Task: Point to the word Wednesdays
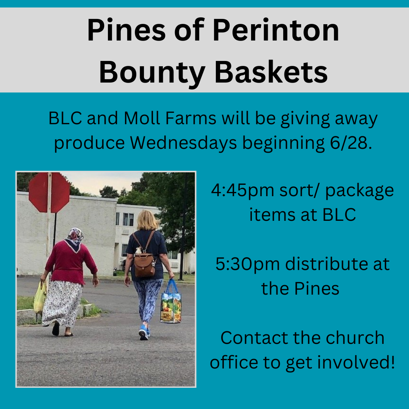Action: tap(183, 143)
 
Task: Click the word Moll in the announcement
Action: tap(142, 118)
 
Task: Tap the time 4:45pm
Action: tap(242, 190)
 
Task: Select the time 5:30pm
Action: tap(248, 264)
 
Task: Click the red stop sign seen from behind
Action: tap(49, 193)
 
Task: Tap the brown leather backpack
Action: tap(144, 264)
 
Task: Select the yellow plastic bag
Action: tap(40, 297)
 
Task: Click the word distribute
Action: tap(326, 264)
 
